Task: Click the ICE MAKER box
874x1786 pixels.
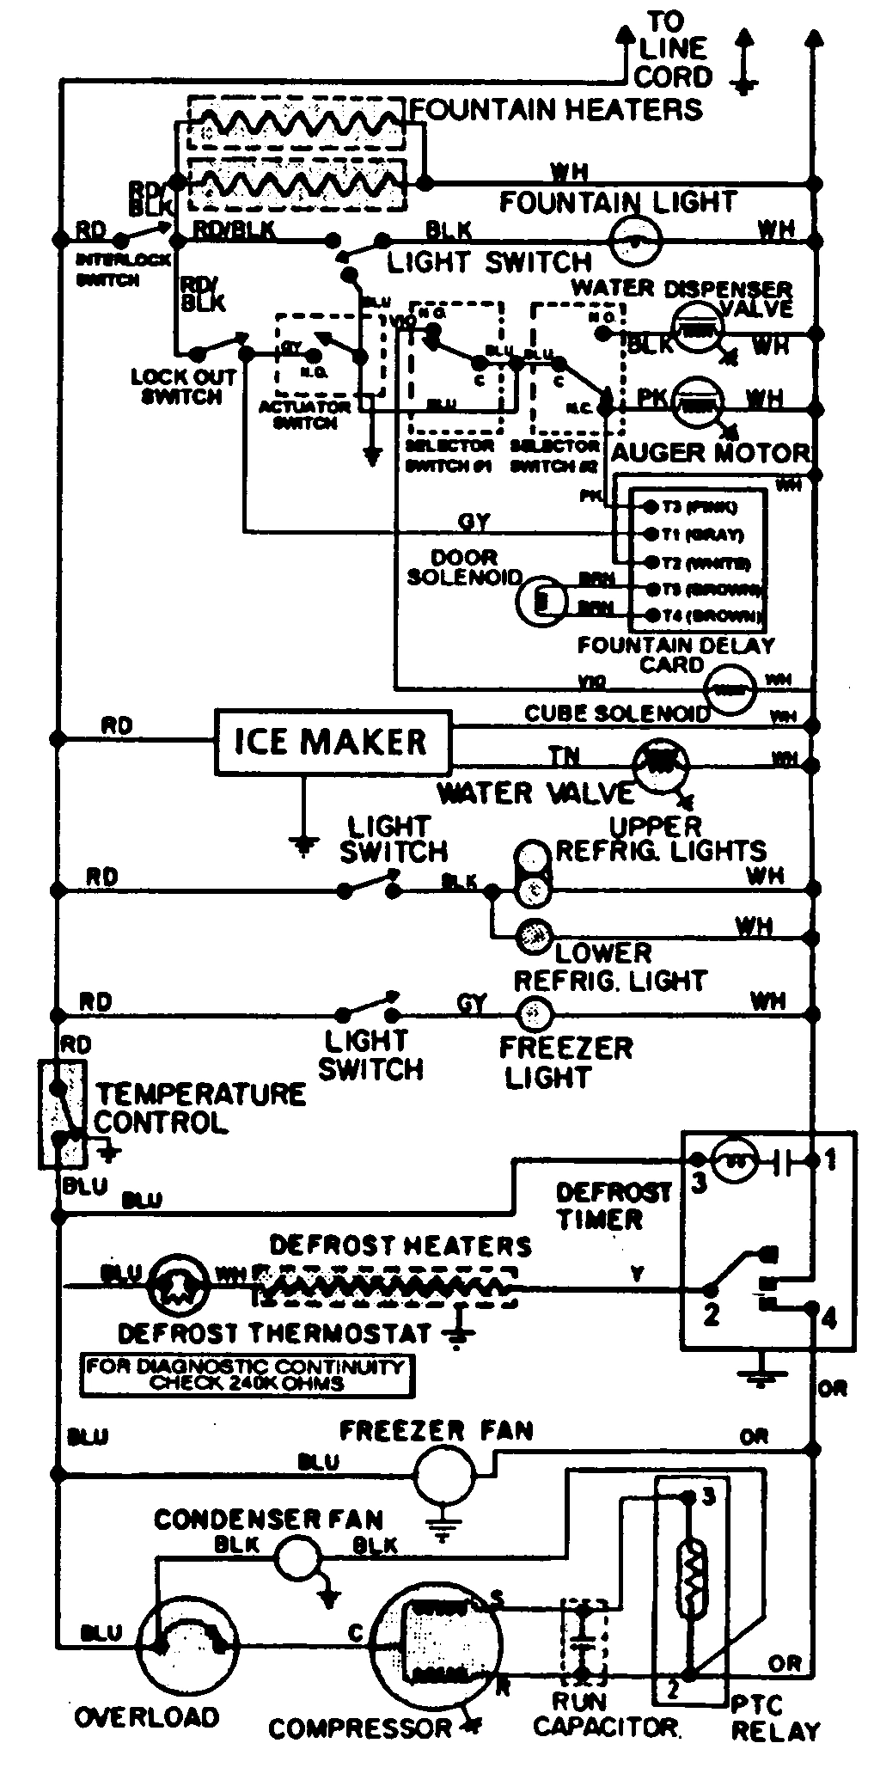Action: pyautogui.click(x=332, y=742)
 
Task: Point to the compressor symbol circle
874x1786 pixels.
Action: pyautogui.click(x=438, y=1646)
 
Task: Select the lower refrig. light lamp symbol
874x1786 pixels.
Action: pyautogui.click(x=534, y=936)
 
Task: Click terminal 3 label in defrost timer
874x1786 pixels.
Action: pyautogui.click(x=699, y=1184)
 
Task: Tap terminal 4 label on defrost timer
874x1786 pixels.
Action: pyautogui.click(x=828, y=1318)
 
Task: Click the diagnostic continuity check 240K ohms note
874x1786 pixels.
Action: pyautogui.click(x=246, y=1374)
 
